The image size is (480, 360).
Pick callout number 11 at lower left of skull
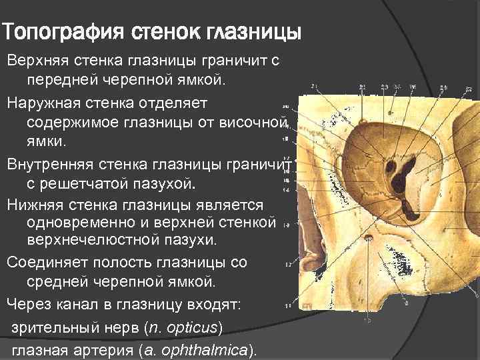point(287,305)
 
